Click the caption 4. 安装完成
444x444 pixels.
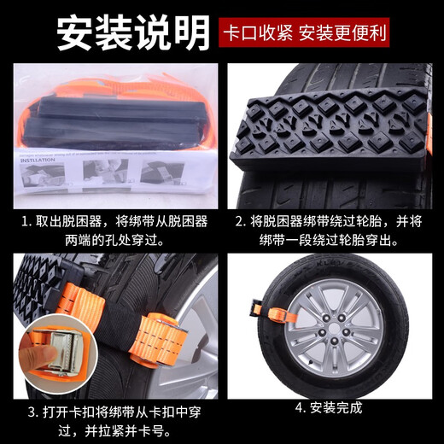click(x=328, y=407)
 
